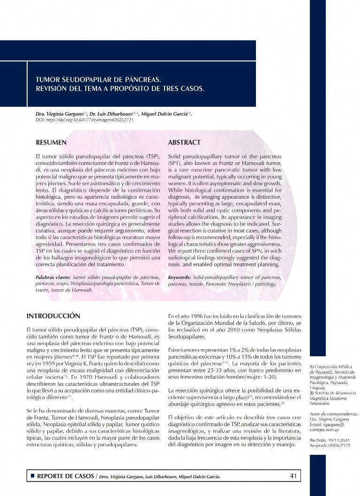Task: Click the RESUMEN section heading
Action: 51,142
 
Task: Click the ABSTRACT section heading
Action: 184,142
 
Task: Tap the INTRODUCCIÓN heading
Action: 53,316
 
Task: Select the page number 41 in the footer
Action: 294,476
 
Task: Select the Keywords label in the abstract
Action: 180,278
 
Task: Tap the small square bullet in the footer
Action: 32,476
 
